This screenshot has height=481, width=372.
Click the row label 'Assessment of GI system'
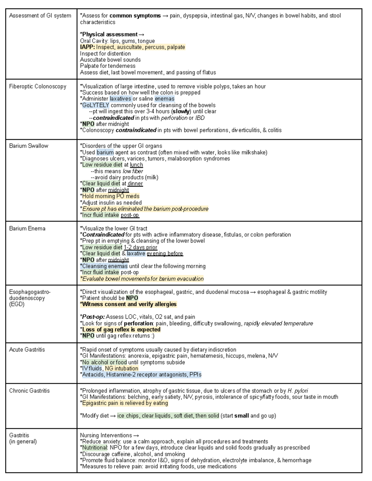coord(40,16)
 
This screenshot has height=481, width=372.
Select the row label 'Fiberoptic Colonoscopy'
coord(38,86)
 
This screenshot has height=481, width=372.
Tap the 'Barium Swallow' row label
coord(29,146)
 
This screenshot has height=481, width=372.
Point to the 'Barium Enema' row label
coord(27,229)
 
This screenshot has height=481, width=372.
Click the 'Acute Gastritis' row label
coord(27,350)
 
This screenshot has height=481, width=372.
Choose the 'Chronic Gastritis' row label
coord(29,391)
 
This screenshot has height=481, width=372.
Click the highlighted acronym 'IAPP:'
coord(87,47)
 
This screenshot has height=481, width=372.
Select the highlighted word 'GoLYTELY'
coord(95,105)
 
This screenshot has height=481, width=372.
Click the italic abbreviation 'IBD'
coord(200,118)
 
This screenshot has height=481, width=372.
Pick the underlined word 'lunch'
coord(136,165)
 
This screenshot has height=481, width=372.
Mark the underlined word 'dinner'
coord(135,184)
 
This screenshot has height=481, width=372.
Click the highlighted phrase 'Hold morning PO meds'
coord(111,196)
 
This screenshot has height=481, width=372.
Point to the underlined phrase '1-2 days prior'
coord(140,247)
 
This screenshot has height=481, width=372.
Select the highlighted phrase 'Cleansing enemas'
coord(104,266)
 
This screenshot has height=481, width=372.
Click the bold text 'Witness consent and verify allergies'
coord(129,304)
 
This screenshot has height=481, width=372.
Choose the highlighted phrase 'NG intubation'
coord(122,369)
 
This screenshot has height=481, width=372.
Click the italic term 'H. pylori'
coord(298,391)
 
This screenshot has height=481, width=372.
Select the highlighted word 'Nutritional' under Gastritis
coord(94,448)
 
